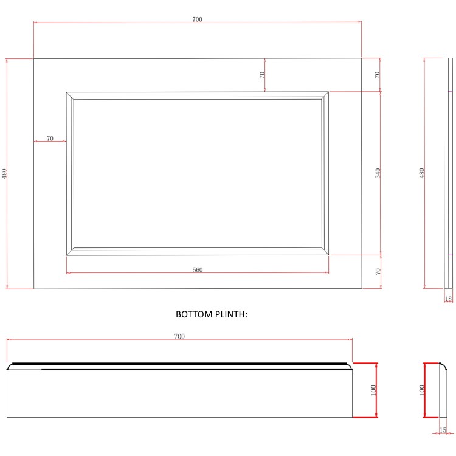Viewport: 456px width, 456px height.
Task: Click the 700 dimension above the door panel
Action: tap(197, 19)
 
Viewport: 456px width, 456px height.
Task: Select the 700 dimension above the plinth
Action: tap(179, 336)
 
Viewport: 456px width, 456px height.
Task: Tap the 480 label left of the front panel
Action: tap(5, 173)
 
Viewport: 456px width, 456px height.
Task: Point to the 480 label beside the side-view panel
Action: tap(421, 173)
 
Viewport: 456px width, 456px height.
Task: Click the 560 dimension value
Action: tap(198, 270)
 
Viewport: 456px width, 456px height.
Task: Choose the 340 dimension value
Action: tap(378, 173)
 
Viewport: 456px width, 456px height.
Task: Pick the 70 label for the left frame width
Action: tap(50, 139)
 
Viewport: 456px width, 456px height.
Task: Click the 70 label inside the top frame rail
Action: tap(262, 75)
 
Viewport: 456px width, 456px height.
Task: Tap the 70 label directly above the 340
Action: tap(378, 75)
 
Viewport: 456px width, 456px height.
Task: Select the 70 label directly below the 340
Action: tap(378, 272)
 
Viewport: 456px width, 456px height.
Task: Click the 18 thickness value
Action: tap(449, 299)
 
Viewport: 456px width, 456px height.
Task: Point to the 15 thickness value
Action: tap(443, 430)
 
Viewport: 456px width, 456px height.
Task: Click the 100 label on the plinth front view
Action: tap(373, 390)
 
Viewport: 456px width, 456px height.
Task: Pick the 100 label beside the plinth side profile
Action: tap(420, 390)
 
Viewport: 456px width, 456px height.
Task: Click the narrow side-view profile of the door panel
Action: tap(449, 173)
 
